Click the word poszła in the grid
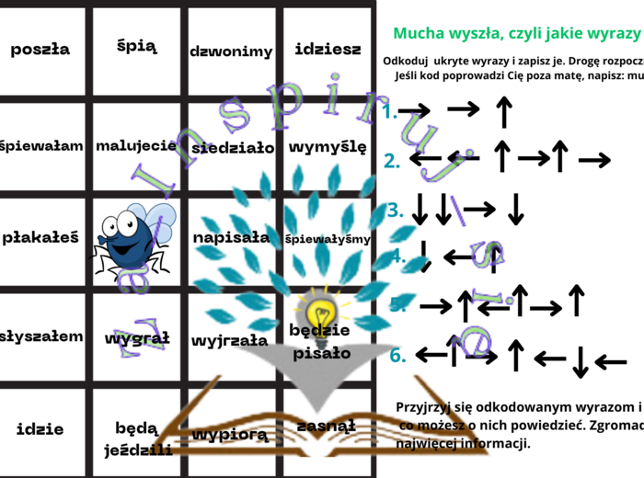pyautogui.click(x=40, y=50)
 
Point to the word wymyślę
pyautogui.click(x=328, y=146)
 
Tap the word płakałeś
pyautogui.click(x=40, y=237)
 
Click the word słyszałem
pyautogui.click(x=41, y=336)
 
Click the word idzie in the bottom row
pyautogui.click(x=40, y=428)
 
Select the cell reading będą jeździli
pyautogui.click(x=137, y=438)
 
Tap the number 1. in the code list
pyautogui.click(x=390, y=111)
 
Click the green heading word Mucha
pyautogui.click(x=420, y=34)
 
